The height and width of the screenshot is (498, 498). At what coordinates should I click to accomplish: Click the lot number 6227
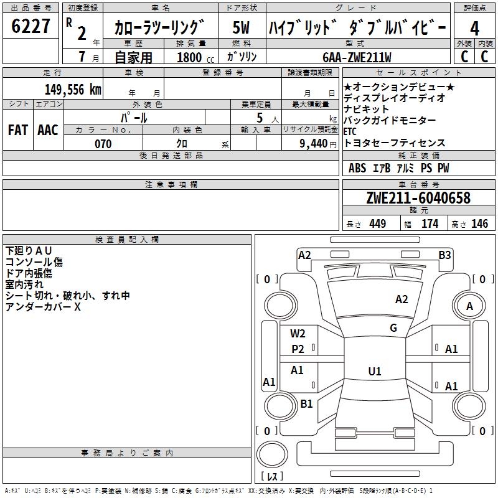click(x=31, y=26)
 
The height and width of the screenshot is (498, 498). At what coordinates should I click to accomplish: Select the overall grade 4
click(x=474, y=29)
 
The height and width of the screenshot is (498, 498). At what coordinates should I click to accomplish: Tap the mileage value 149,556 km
click(x=73, y=89)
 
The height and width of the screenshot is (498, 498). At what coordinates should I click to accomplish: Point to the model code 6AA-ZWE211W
click(x=357, y=57)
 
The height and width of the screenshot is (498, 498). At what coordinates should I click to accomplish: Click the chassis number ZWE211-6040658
click(x=418, y=198)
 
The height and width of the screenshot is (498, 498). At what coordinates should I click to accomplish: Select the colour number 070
click(x=103, y=144)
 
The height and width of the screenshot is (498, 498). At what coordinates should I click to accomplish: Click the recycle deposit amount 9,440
click(x=314, y=144)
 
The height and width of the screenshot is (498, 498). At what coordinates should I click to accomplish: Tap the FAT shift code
click(x=18, y=130)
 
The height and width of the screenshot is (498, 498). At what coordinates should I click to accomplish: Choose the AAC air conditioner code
click(x=48, y=130)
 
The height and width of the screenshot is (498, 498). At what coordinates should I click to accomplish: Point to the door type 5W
click(x=241, y=27)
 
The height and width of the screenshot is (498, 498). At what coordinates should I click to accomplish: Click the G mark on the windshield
click(x=393, y=328)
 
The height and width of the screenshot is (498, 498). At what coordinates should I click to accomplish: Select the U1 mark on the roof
click(x=375, y=371)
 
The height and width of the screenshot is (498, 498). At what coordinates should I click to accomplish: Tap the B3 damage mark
click(x=444, y=255)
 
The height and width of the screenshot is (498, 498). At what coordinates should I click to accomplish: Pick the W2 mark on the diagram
click(x=298, y=334)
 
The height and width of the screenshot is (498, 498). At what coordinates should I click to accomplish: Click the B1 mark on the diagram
click(x=306, y=403)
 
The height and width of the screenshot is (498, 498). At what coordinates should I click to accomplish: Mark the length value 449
click(x=378, y=223)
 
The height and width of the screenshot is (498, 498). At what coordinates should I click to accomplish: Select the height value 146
click(x=479, y=223)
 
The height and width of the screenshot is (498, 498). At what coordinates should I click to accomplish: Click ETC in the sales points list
click(x=350, y=131)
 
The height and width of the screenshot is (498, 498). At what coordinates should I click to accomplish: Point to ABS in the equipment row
click(x=357, y=168)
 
